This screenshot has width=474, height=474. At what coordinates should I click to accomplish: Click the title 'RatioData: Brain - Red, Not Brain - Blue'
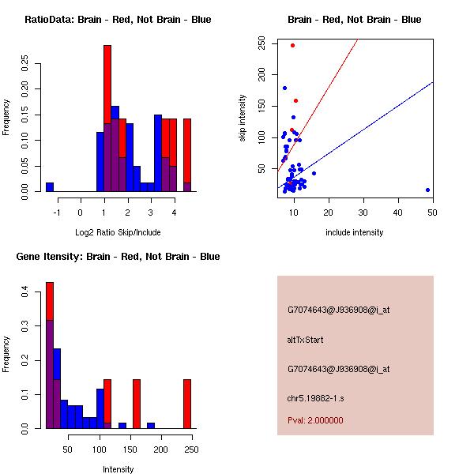click(118, 20)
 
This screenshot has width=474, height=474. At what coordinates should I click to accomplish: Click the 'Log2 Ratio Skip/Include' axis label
click(118, 232)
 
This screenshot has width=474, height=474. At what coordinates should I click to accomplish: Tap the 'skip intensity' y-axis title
click(243, 118)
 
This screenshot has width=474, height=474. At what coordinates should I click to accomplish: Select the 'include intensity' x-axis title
click(355, 232)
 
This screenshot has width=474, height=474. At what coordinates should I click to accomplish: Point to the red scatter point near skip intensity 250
click(292, 45)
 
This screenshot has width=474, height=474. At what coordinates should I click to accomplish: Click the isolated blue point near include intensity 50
click(427, 190)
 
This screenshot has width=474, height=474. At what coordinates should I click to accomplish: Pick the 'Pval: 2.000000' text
click(315, 420)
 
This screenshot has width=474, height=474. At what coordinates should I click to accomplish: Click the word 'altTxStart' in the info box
click(305, 340)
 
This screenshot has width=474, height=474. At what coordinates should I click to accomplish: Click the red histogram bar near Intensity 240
click(187, 403)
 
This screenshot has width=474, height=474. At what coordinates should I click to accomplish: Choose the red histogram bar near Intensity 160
click(137, 403)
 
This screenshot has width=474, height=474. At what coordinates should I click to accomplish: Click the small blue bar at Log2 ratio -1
click(50, 186)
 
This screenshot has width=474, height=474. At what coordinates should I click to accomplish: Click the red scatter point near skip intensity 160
click(295, 100)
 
